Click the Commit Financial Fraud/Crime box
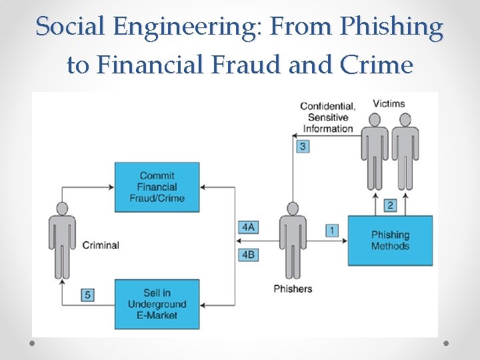(157, 187)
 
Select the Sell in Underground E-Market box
(157, 303)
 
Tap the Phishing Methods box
(390, 240)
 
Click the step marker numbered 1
(331, 230)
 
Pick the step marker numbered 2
(391, 205)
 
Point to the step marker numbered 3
(303, 146)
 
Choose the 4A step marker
(248, 227)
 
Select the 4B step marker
(248, 254)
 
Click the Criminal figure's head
(62, 209)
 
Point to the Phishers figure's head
(292, 209)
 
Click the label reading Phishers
(292, 289)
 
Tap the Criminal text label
(101, 245)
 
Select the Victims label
(389, 103)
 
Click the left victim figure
(375, 153)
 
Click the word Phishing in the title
(391, 27)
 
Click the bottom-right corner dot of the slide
(446, 343)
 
